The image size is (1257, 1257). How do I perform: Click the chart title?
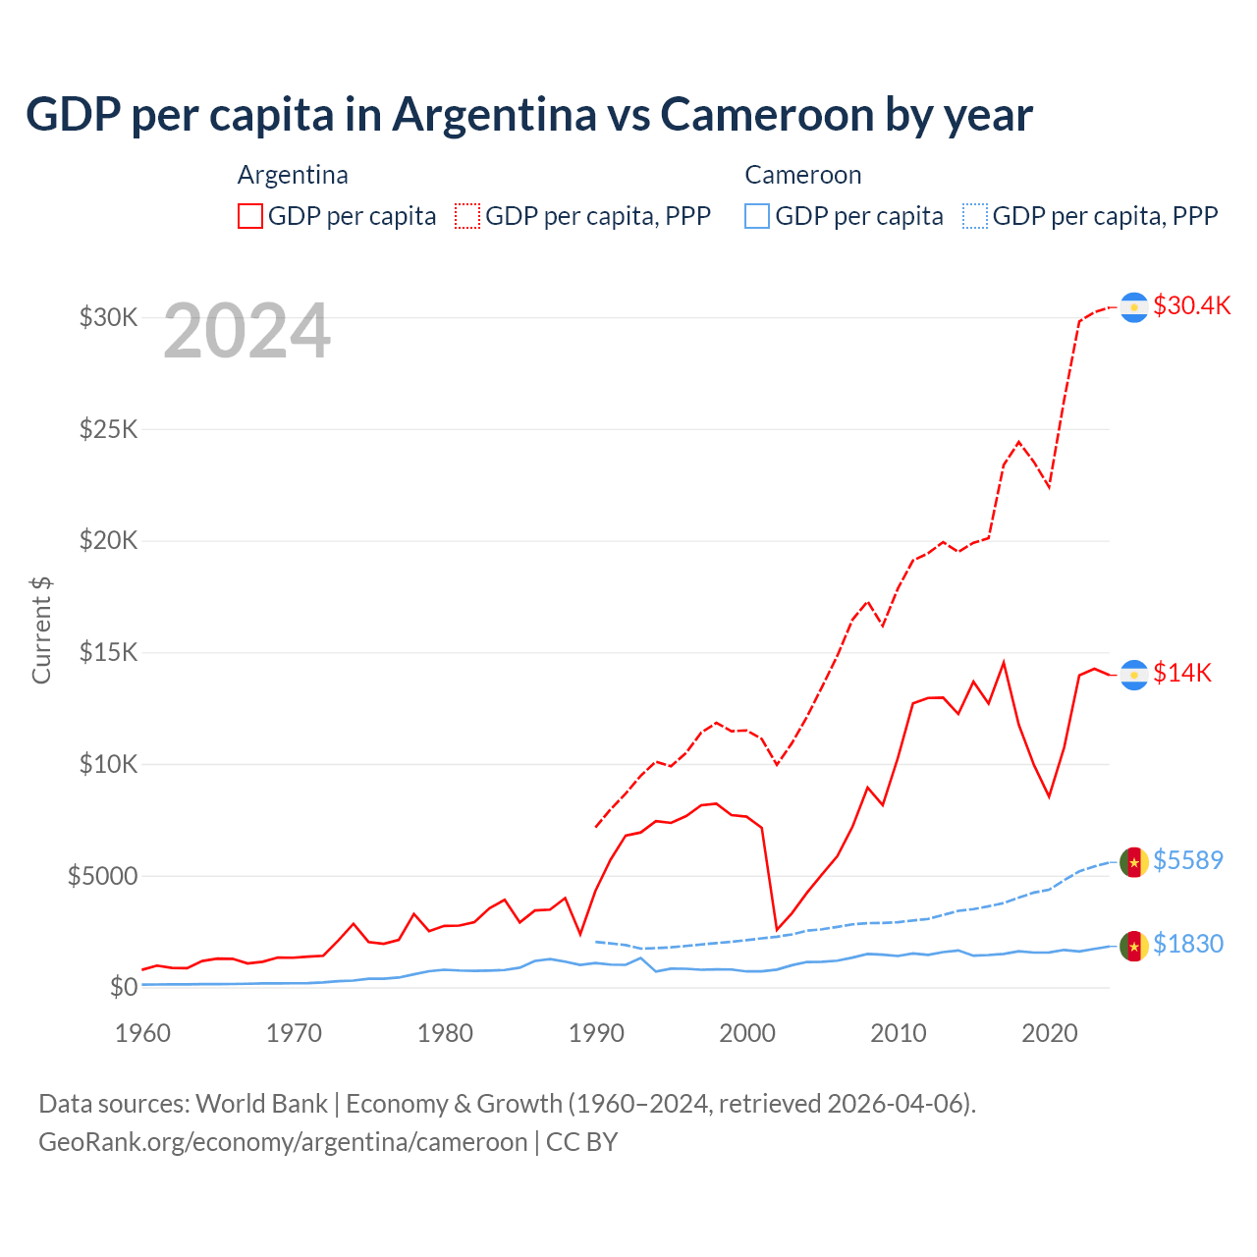[x=528, y=115]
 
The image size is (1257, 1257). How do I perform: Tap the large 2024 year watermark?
[x=246, y=331]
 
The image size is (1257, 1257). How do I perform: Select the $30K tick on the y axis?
[x=108, y=317]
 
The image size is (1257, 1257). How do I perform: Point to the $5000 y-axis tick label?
[x=102, y=876]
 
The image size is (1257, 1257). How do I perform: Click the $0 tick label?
[x=123, y=987]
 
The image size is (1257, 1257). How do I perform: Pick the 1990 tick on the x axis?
[x=596, y=1033]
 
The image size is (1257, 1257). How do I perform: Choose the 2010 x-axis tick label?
[x=899, y=1033]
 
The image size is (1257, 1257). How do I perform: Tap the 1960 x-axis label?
[x=143, y=1033]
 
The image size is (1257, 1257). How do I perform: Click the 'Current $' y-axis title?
[x=41, y=630]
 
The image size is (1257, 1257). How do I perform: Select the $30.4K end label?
[x=1191, y=305]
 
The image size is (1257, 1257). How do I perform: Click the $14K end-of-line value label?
[x=1182, y=673]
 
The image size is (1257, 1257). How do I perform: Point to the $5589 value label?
[x=1187, y=860]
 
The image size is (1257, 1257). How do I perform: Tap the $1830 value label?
[x=1187, y=944]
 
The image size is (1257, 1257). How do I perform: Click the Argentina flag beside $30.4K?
[x=1134, y=307]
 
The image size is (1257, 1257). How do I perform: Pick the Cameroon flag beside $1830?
[x=1134, y=946]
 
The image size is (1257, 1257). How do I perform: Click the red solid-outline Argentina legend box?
[x=250, y=216]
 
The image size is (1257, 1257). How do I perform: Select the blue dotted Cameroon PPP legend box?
[x=975, y=216]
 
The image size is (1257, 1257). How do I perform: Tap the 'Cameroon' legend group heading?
[x=802, y=175]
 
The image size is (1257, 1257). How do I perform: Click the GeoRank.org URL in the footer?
[x=283, y=1142]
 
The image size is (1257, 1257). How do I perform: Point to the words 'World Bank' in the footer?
[x=261, y=1104]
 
